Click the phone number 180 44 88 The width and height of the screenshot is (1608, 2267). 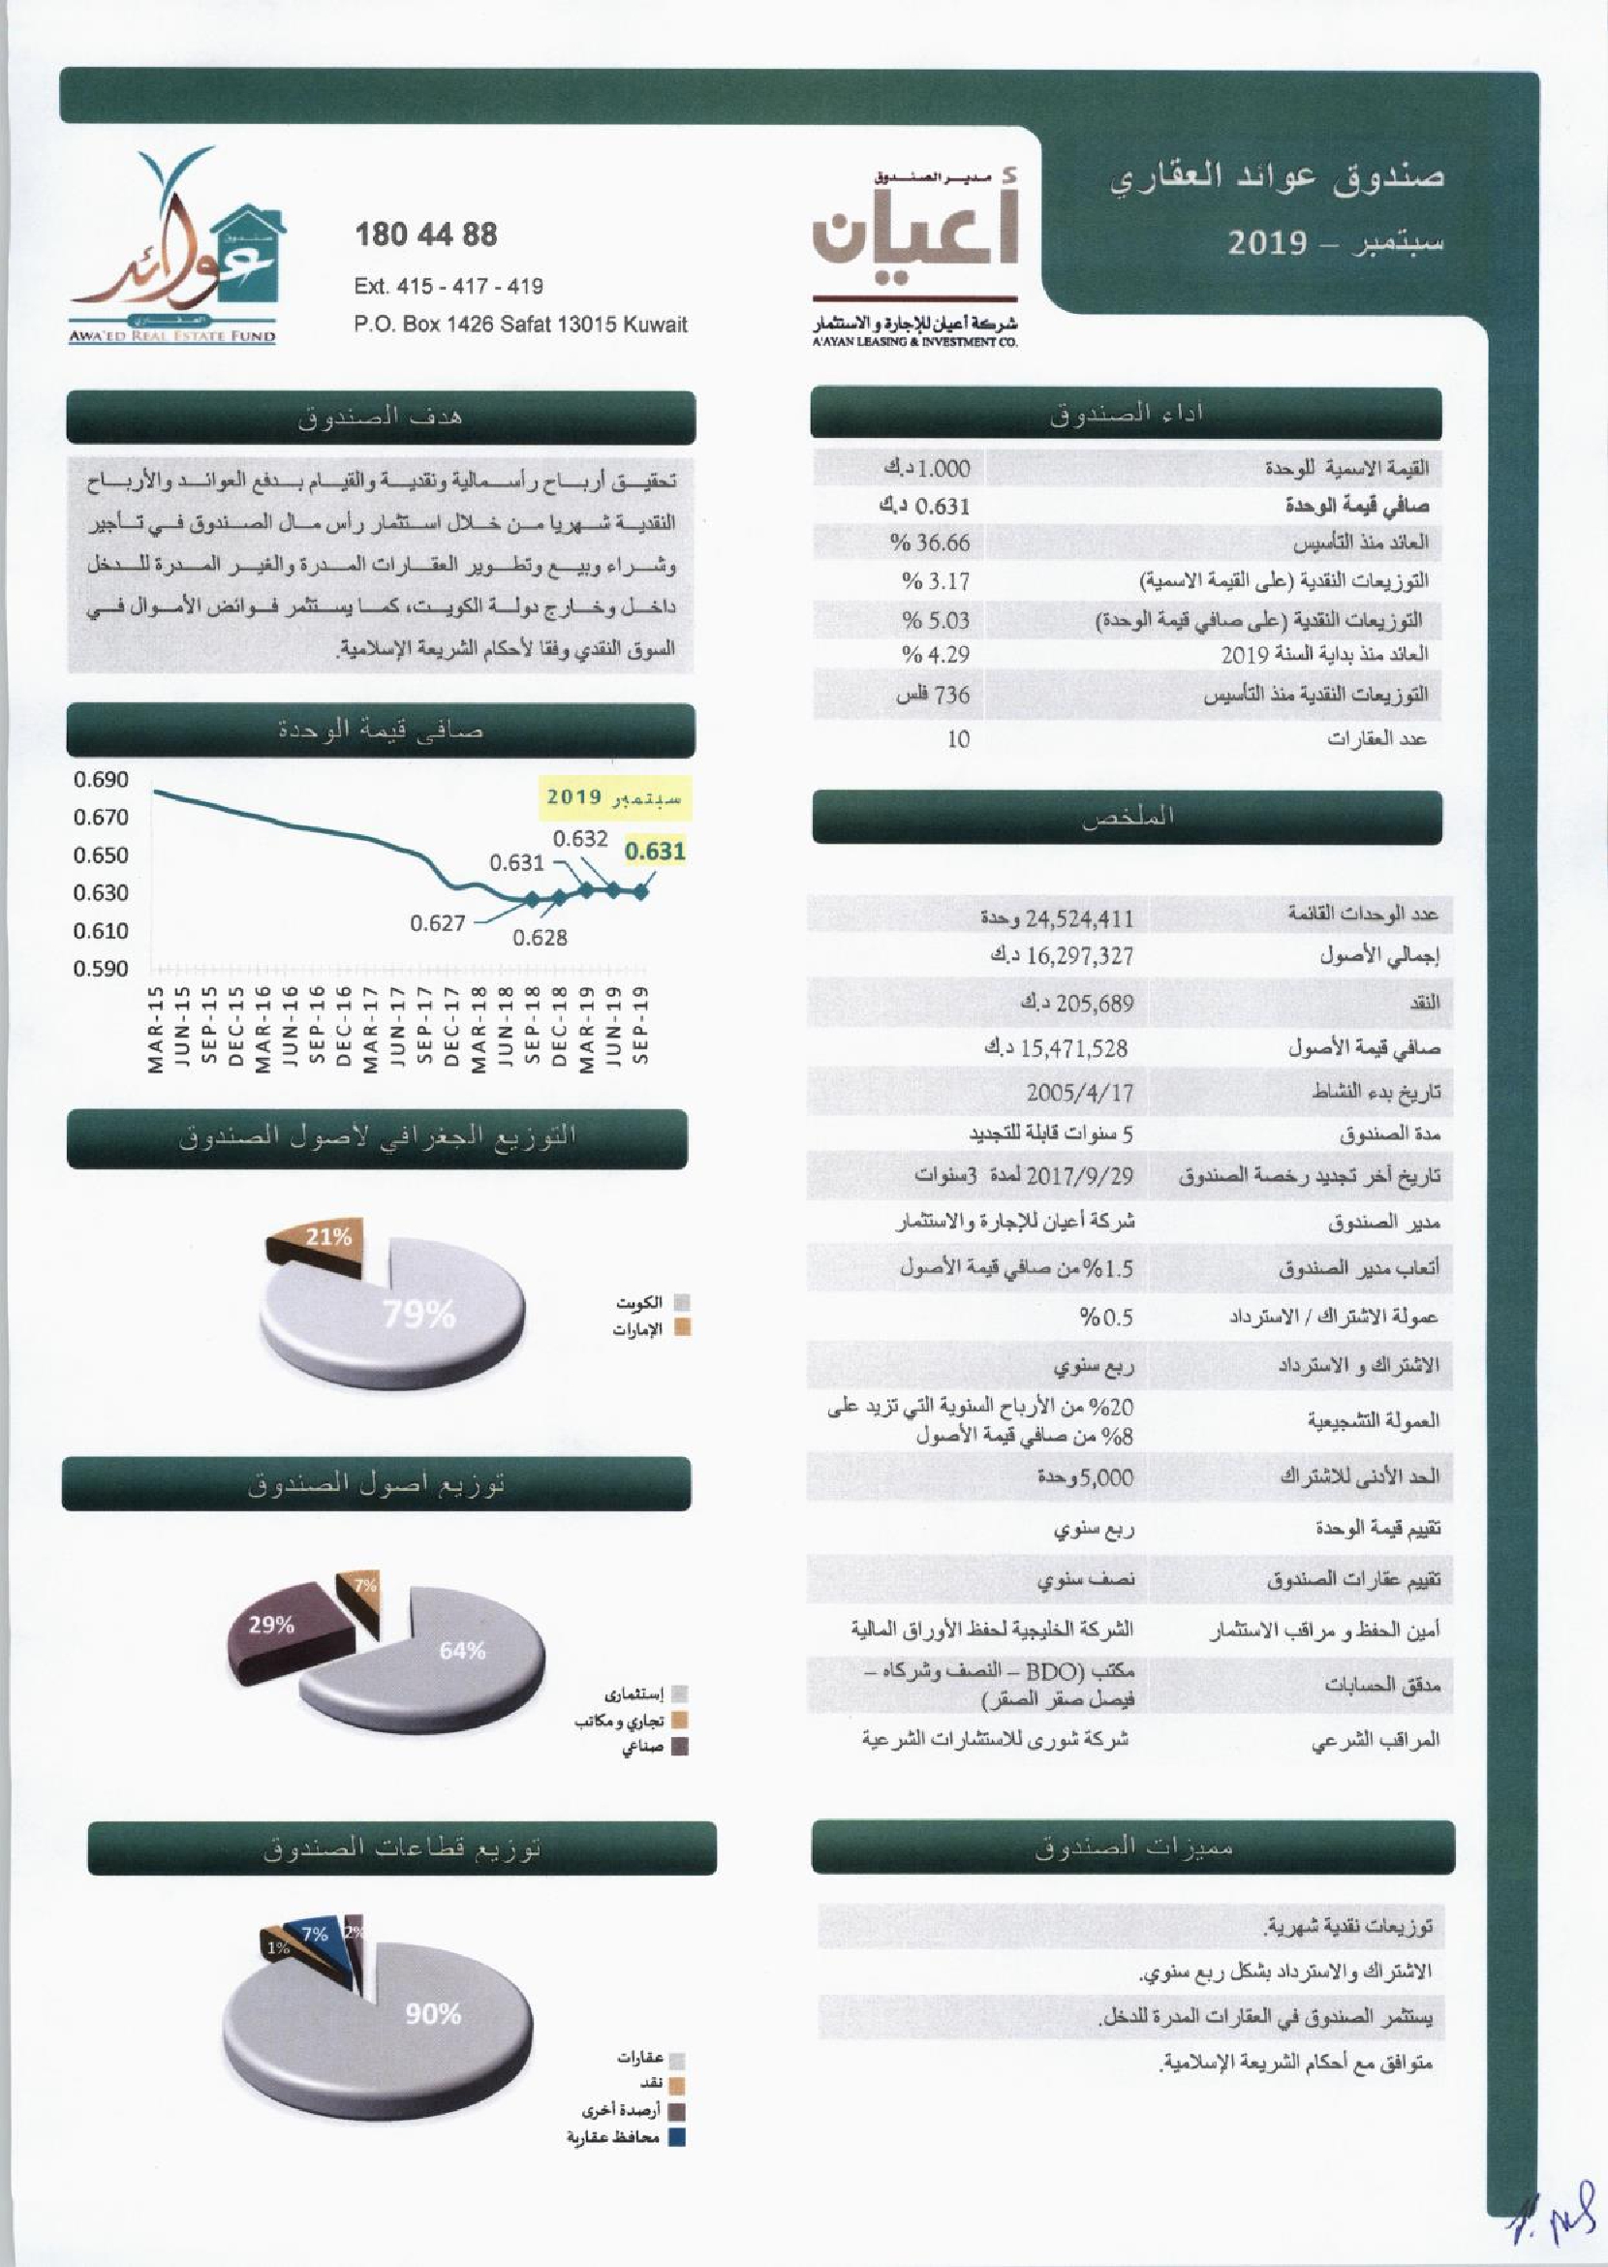click(426, 235)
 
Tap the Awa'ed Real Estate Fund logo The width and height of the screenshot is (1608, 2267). click(173, 248)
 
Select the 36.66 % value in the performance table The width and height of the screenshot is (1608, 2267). click(930, 543)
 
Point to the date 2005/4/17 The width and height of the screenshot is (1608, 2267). click(1079, 1093)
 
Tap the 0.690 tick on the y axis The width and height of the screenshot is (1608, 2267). click(101, 781)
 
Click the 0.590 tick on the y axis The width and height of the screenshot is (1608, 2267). click(101, 969)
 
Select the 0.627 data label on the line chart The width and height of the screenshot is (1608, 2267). click(438, 923)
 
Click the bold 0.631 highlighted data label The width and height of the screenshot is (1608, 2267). click(656, 851)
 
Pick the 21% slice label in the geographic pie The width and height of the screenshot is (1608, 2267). click(327, 1236)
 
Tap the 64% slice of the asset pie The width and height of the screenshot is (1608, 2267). click(462, 1650)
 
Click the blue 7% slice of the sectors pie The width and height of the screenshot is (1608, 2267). click(317, 1936)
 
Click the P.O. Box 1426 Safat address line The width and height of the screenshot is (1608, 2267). click(521, 324)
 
